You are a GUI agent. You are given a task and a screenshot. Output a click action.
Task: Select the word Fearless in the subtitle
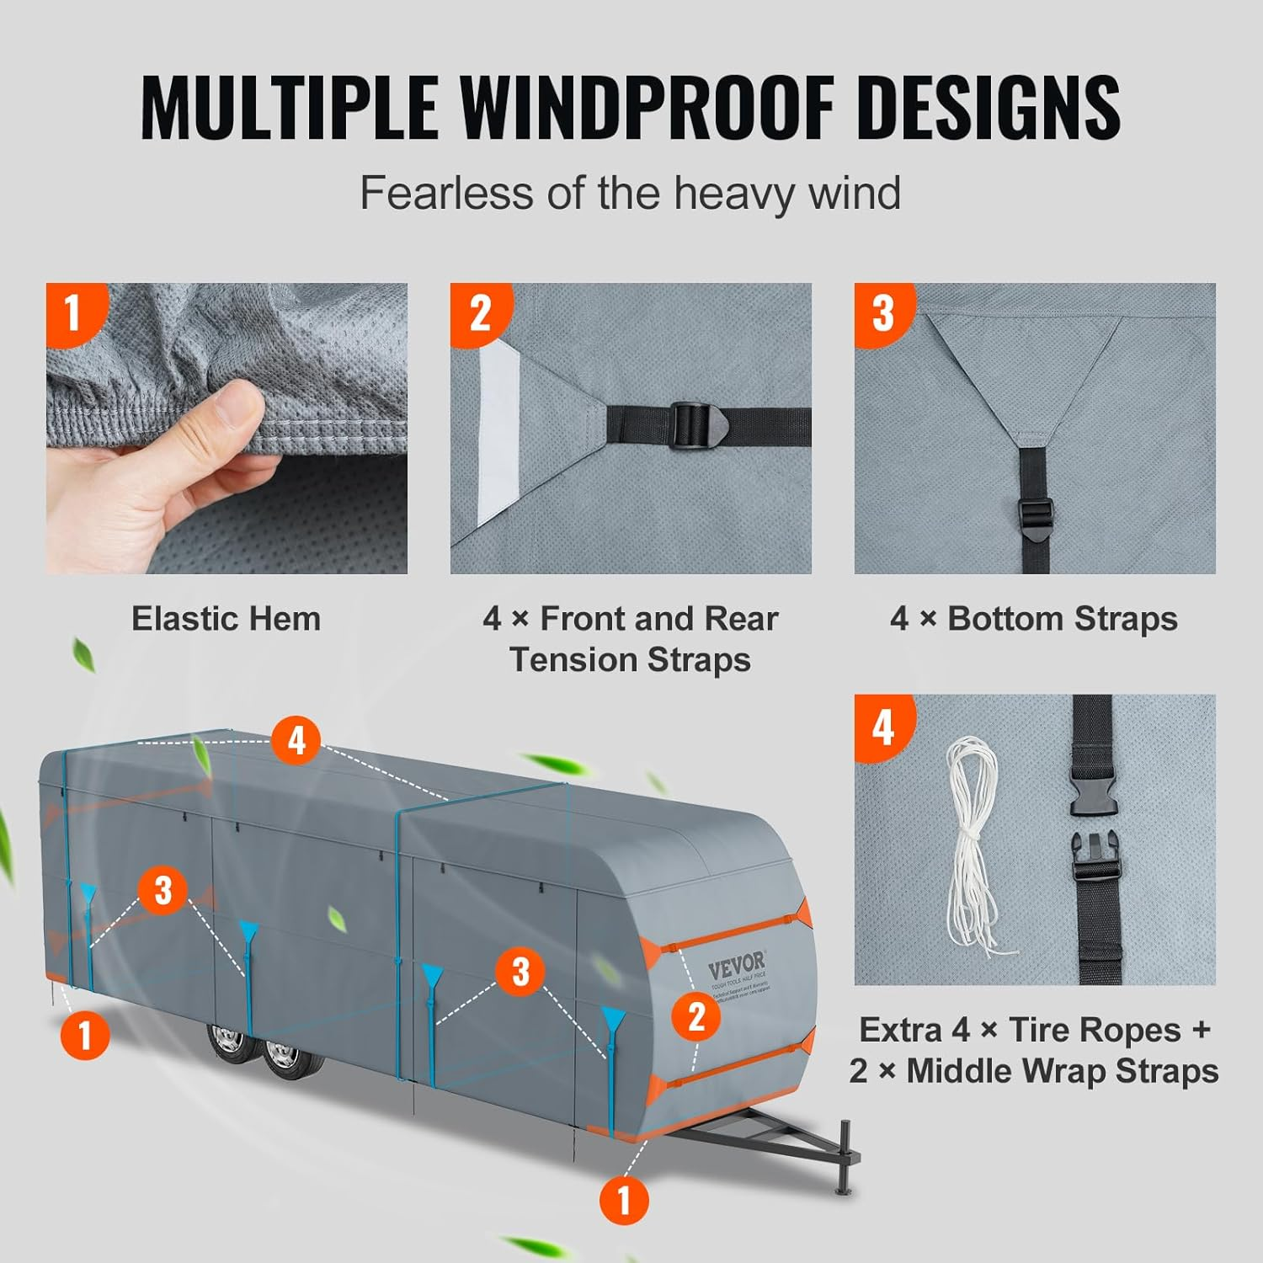pyautogui.click(x=446, y=193)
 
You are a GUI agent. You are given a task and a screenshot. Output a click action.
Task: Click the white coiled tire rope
pyautogui.click(x=977, y=842)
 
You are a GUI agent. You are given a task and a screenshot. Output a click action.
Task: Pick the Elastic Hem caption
pyautogui.click(x=226, y=619)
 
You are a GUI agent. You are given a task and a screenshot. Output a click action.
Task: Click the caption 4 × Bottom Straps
pyautogui.click(x=1033, y=619)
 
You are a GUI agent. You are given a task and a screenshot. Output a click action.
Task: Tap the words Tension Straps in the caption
pyautogui.click(x=630, y=659)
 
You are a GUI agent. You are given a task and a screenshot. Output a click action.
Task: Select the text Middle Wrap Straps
pyautogui.click(x=1063, y=1071)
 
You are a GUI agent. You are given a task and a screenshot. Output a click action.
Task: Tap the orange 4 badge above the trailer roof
pyautogui.click(x=296, y=741)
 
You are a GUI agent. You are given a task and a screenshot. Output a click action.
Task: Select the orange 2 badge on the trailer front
pyautogui.click(x=695, y=1016)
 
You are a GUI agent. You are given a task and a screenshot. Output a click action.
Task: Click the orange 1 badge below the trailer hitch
pyautogui.click(x=624, y=1200)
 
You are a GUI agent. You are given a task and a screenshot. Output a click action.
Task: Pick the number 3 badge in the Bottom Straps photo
pyautogui.click(x=882, y=312)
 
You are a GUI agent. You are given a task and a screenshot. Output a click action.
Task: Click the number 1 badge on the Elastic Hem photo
pyautogui.click(x=73, y=312)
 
